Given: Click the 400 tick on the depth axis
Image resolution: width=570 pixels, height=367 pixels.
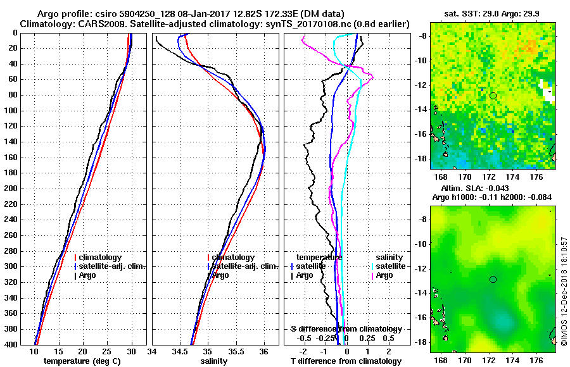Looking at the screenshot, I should point(11,345).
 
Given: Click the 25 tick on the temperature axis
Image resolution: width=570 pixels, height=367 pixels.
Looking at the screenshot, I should point(107,352).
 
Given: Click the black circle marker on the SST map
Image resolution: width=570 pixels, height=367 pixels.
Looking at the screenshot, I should point(493,96).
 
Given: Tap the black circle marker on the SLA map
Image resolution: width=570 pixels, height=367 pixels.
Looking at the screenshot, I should point(493,279).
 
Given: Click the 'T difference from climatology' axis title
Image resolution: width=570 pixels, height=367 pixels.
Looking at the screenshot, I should point(346,361).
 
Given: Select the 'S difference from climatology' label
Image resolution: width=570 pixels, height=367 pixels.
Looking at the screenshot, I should point(346,329).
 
